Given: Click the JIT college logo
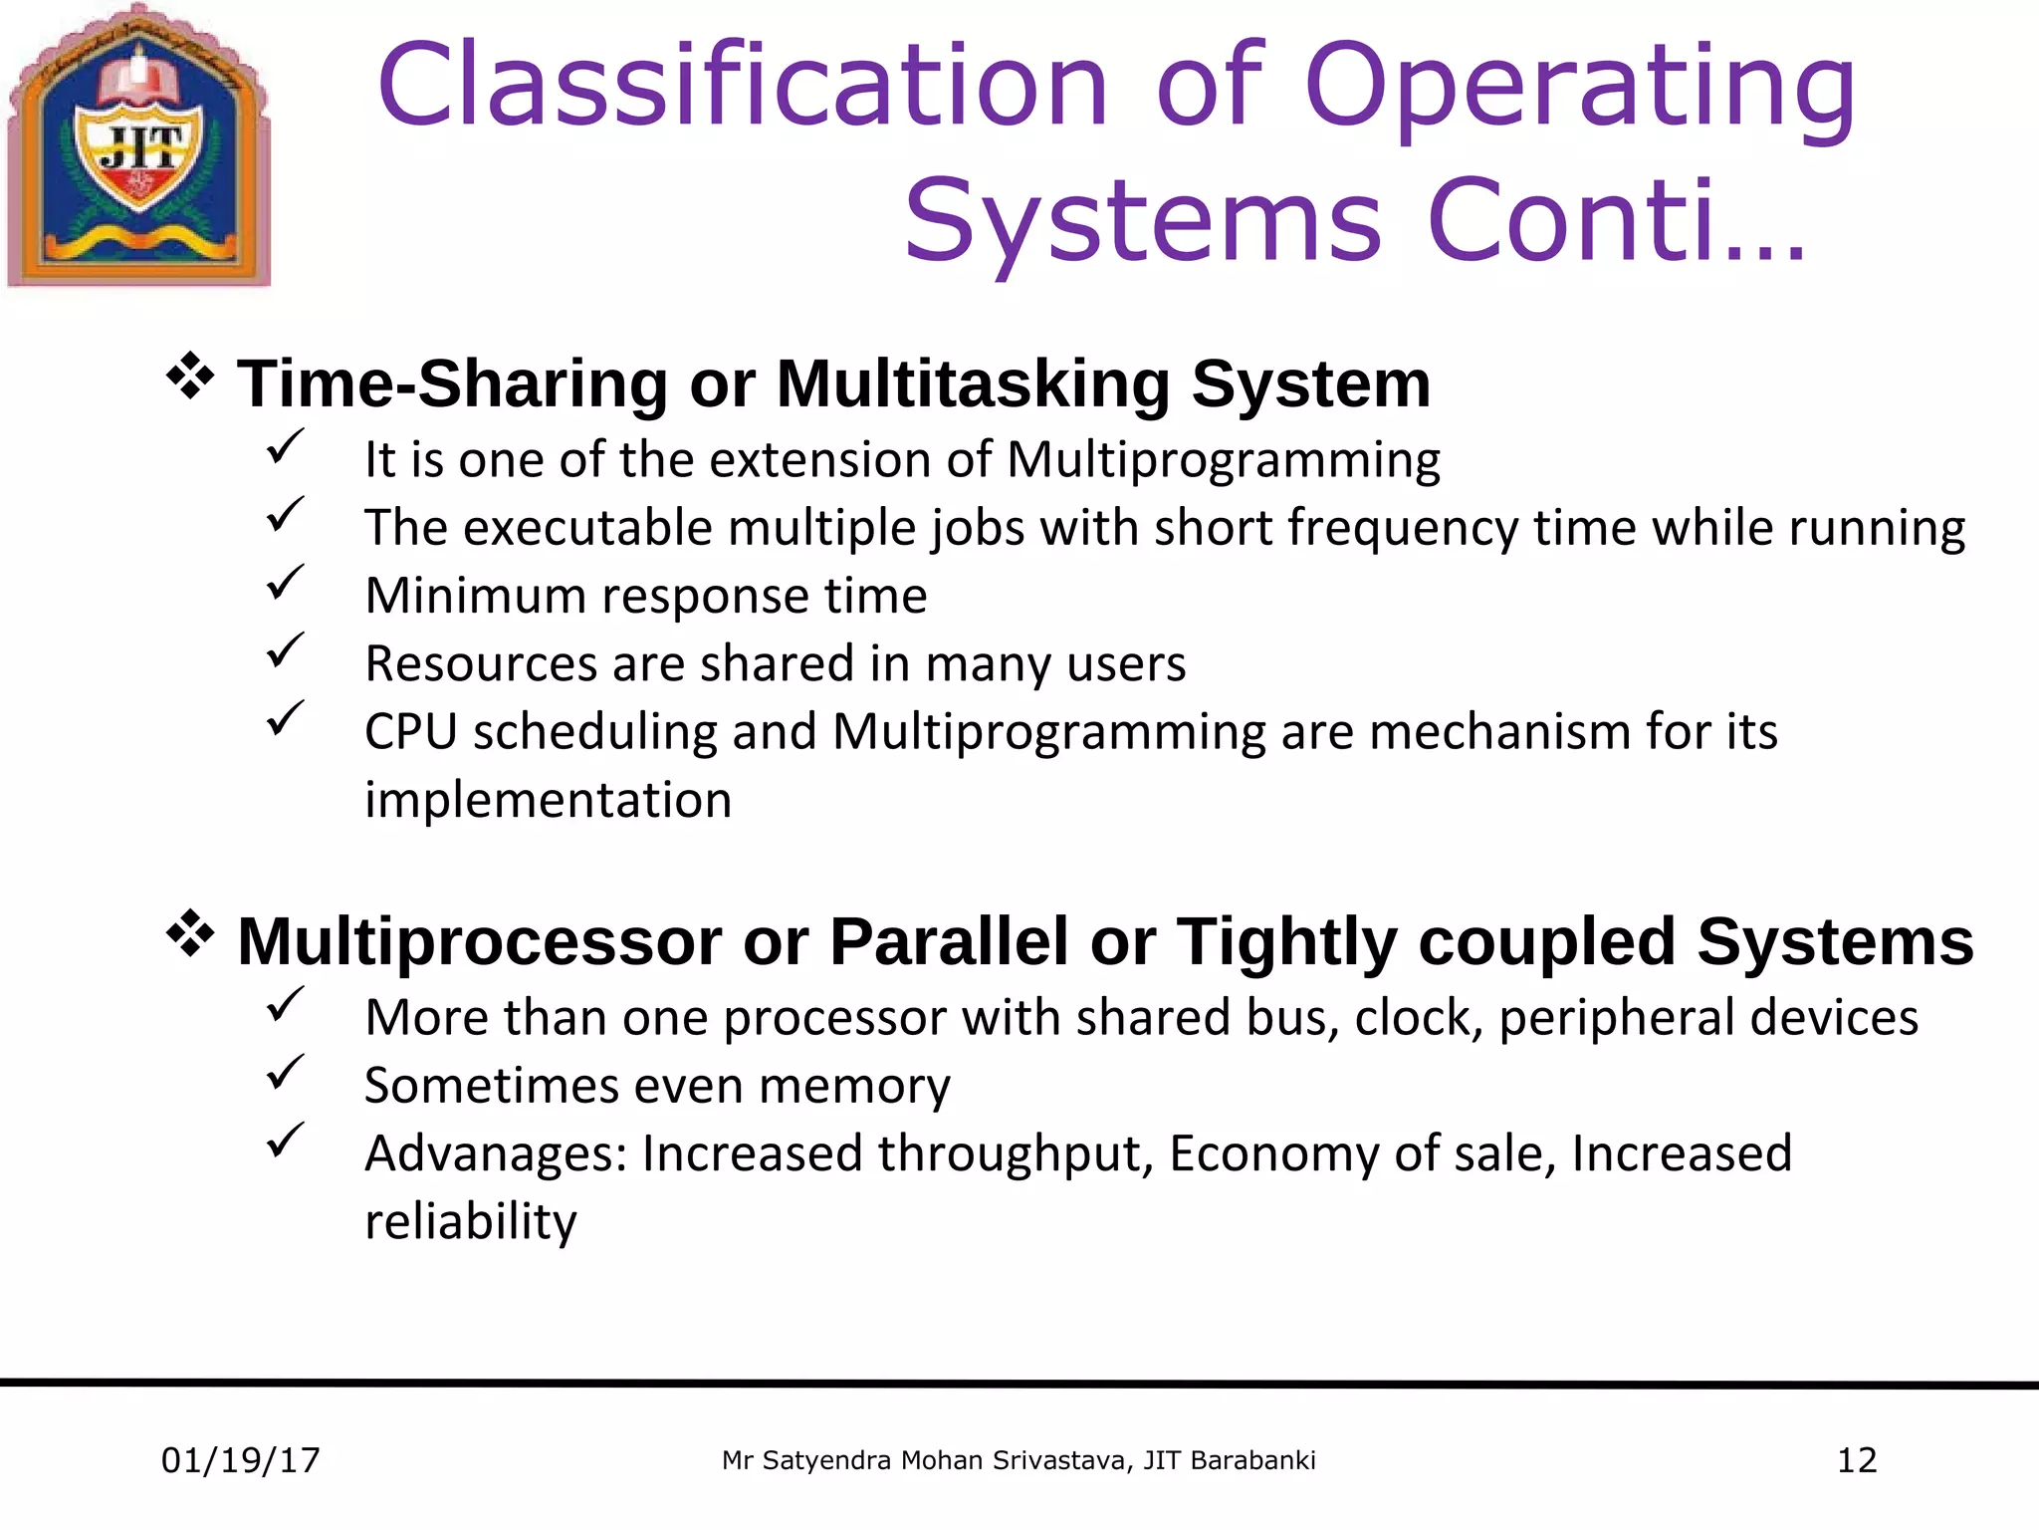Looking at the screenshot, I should point(139,146).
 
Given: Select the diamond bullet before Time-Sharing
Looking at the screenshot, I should point(190,379).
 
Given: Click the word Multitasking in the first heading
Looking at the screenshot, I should point(973,383).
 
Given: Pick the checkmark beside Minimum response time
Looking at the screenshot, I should point(285,583).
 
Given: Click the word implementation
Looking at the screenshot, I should point(548,801).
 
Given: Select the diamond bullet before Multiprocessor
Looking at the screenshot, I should point(190,936).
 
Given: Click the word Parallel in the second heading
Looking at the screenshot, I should point(949,941).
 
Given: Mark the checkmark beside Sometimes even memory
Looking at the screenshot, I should point(285,1073).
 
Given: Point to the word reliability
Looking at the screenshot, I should point(470,1222).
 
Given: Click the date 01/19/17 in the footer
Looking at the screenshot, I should point(240,1461).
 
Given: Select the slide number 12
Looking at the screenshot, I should point(1856,1461).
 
